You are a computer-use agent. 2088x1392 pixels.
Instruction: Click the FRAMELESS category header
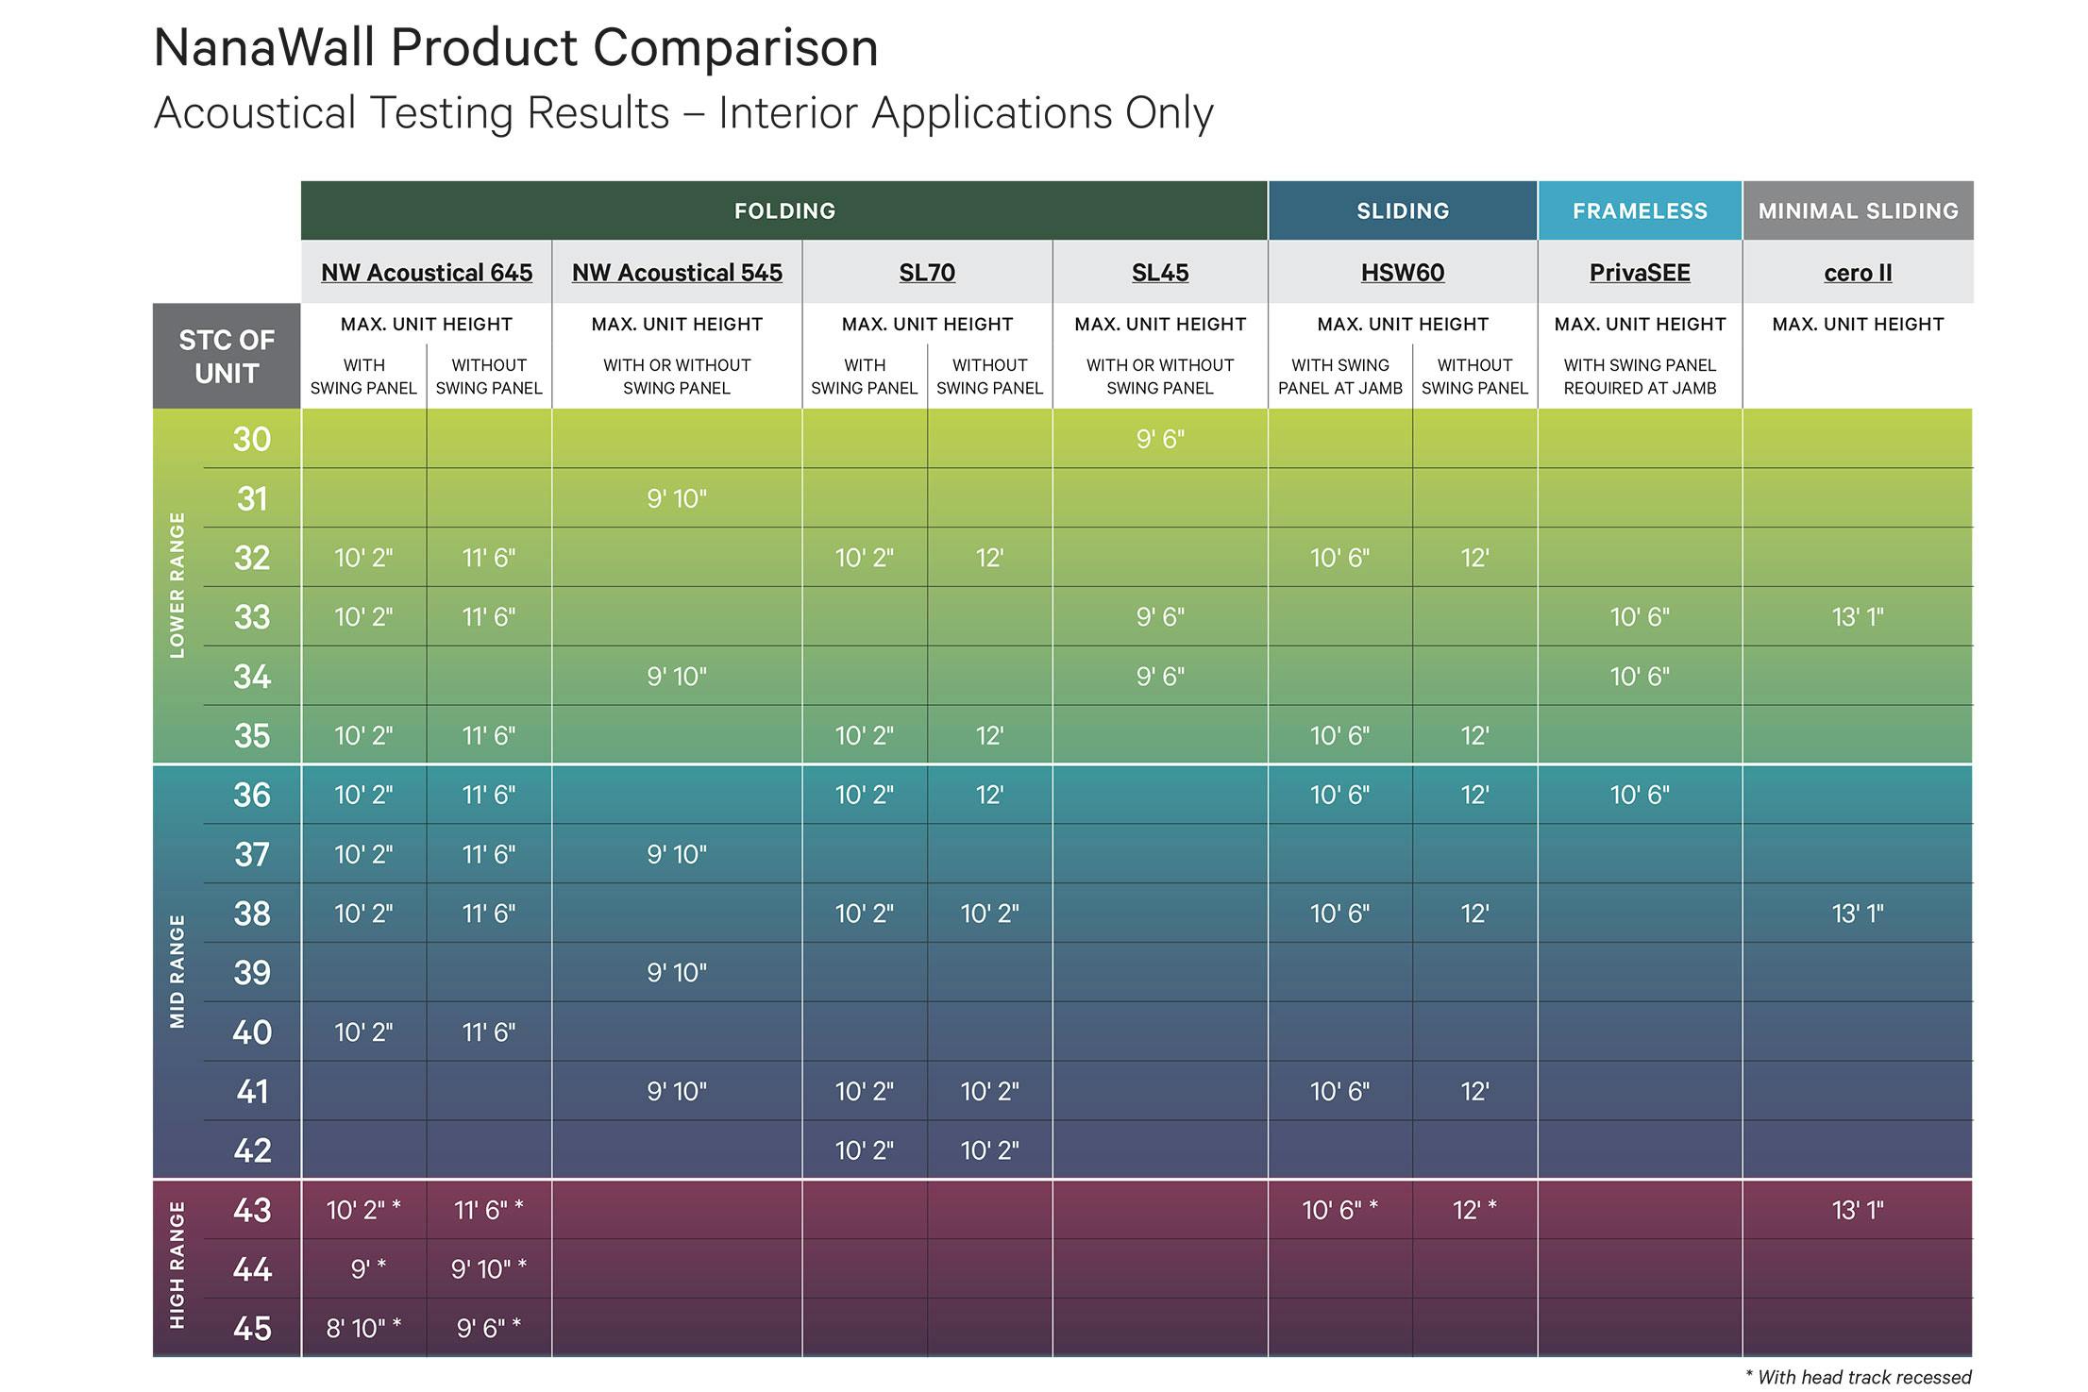click(x=1640, y=210)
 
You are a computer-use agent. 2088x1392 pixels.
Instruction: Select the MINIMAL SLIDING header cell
click(x=1858, y=210)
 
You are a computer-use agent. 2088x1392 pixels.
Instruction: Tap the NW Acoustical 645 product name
click(x=427, y=273)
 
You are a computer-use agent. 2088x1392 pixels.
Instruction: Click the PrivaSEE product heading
click(x=1640, y=273)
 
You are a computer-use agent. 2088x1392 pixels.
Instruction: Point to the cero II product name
click(x=1858, y=273)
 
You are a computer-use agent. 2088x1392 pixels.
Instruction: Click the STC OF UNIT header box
click(x=227, y=357)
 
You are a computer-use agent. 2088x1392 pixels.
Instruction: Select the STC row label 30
click(x=252, y=439)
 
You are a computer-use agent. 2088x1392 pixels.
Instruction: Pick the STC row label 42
click(x=252, y=1150)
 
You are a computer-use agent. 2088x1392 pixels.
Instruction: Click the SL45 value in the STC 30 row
click(x=1160, y=439)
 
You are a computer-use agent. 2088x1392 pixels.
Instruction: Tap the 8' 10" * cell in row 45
click(x=363, y=1328)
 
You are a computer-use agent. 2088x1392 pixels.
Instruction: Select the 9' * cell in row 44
click(x=367, y=1269)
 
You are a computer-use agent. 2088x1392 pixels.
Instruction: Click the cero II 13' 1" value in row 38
click(x=1858, y=914)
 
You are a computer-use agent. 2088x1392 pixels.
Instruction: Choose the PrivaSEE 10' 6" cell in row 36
click(x=1640, y=795)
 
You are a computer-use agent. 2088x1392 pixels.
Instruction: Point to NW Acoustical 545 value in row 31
click(x=677, y=498)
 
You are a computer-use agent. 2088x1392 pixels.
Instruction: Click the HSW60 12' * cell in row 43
click(x=1474, y=1210)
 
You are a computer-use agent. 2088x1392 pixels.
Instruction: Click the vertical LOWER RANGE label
click(x=177, y=585)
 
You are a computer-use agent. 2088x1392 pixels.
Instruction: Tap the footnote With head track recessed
click(x=1859, y=1377)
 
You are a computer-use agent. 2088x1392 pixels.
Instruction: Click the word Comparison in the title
click(x=735, y=48)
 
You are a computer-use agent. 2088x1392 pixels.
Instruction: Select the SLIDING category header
click(x=1403, y=210)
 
